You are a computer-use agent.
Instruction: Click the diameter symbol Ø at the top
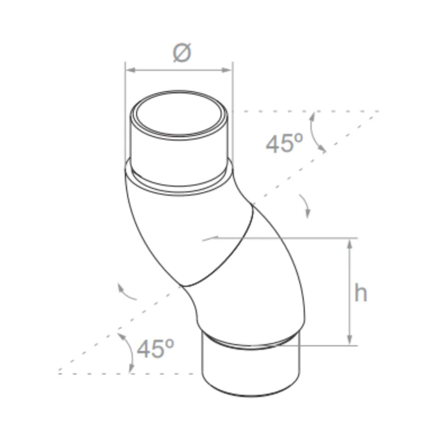point(182,53)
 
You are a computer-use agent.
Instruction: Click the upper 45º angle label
point(284,143)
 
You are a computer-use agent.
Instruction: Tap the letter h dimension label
point(361,293)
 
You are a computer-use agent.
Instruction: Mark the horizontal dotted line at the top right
point(303,111)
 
